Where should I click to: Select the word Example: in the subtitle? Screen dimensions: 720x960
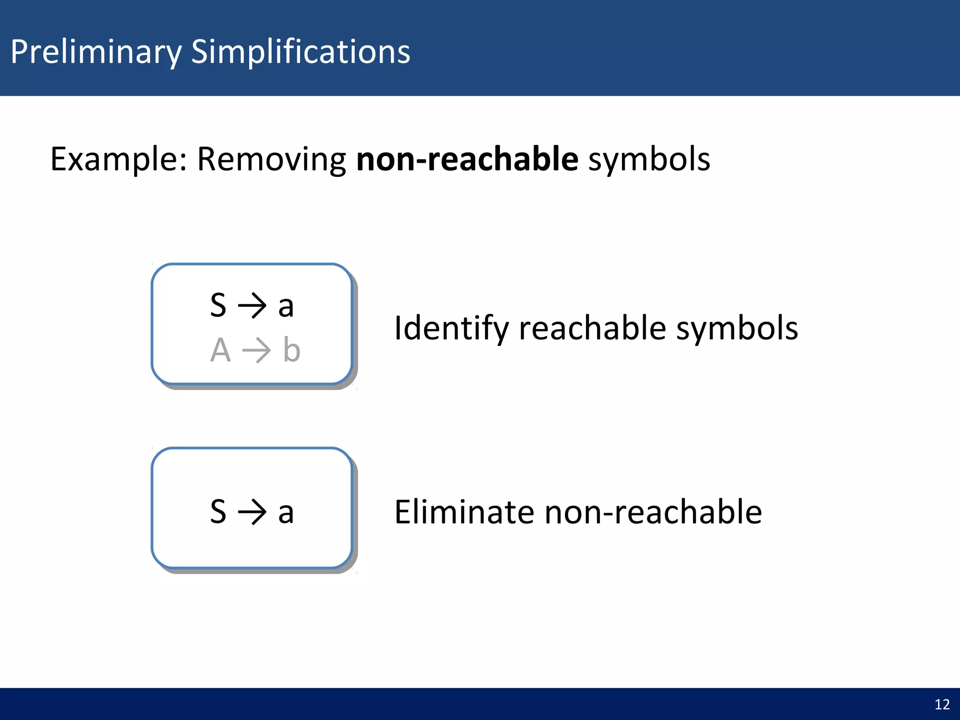[119, 159]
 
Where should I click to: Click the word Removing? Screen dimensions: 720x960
[271, 159]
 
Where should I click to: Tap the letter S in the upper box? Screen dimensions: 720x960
[218, 305]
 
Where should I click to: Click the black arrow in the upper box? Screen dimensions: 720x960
[252, 306]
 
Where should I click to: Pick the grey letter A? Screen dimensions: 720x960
[220, 350]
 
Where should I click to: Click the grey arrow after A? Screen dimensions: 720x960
[256, 351]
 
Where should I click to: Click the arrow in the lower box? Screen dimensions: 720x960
[252, 512]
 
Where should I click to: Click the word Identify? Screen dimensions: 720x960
[451, 328]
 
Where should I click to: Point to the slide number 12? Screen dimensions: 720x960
[942, 705]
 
